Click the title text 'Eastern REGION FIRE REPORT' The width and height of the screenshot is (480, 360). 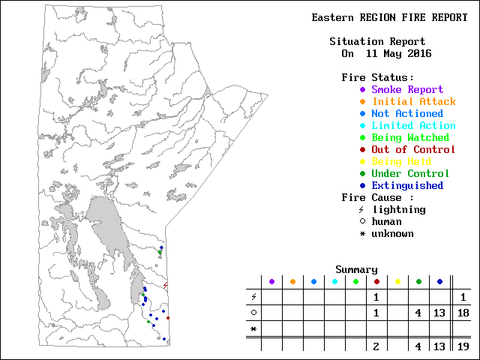tap(389, 17)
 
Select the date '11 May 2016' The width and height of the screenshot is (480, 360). tap(398, 53)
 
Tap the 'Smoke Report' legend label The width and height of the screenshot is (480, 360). tap(407, 89)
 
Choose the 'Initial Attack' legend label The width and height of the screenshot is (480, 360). tap(413, 101)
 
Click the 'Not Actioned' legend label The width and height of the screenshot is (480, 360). tap(407, 113)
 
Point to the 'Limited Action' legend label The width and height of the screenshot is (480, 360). tap(413, 125)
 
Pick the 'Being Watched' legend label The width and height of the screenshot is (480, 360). tap(410, 137)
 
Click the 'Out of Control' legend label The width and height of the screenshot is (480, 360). tap(413, 149)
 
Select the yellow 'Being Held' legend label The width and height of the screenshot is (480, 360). tap(401, 161)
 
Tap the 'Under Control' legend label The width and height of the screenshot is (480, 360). tap(410, 173)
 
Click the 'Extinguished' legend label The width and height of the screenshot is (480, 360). tap(407, 185)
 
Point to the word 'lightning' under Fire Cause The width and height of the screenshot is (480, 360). tap(398, 209)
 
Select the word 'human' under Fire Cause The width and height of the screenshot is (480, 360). tap(386, 221)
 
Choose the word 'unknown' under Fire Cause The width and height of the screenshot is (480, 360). tap(392, 233)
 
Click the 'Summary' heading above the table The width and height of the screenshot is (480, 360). tap(356, 269)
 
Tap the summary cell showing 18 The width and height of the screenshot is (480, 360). tap(463, 312)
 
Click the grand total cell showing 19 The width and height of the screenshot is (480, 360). tap(463, 346)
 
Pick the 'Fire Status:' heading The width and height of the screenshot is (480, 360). tap(377, 77)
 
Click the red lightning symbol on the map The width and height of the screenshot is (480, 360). tap(165, 285)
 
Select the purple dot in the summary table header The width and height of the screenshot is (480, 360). tap(271, 281)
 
